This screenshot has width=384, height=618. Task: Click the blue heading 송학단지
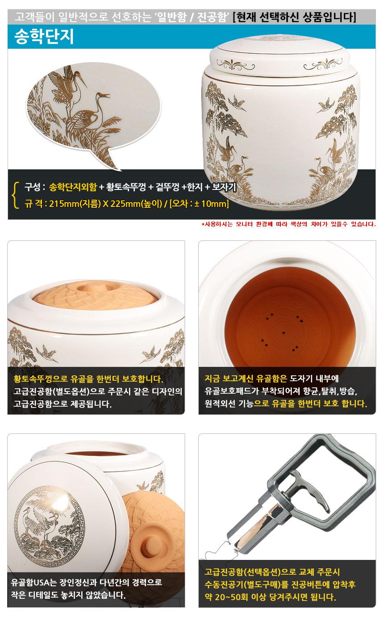pos(44,36)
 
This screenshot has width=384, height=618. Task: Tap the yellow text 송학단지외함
pos(73,187)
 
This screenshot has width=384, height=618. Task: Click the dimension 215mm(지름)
pos(75,204)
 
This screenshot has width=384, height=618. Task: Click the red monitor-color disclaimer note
pos(288,224)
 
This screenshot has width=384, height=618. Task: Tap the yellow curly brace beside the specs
pos(16,195)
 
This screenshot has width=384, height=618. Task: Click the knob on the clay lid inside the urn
pos(93,287)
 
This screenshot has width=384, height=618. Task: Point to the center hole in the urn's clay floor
pos(284,333)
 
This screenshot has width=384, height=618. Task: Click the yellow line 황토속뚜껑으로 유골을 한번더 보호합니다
pos(88,379)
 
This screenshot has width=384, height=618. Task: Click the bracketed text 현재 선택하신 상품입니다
pos(294,17)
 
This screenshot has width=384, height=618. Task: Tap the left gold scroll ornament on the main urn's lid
pos(236,65)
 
